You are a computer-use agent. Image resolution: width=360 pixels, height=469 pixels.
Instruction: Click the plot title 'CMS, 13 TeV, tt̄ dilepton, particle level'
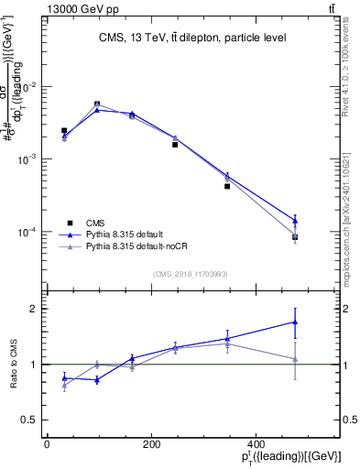[x=193, y=38]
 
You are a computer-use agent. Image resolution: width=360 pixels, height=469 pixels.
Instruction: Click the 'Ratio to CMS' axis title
[x=15, y=365]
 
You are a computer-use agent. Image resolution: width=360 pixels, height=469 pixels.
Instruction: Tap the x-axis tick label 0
[x=47, y=444]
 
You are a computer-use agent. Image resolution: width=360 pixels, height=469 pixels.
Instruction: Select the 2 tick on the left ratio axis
[x=35, y=309]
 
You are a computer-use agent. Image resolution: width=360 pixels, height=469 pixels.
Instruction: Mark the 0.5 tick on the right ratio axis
[x=349, y=420]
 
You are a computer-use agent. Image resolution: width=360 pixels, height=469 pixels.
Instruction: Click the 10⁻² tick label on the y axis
[x=27, y=87]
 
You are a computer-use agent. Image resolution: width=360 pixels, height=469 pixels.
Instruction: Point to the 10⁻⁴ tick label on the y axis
[x=27, y=232]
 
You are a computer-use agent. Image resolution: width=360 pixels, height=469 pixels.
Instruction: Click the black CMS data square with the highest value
[x=97, y=104]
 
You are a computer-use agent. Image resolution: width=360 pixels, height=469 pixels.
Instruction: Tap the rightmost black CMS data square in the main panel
[x=295, y=237]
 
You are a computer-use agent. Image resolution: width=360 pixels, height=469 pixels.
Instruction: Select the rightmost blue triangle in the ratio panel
[x=295, y=322]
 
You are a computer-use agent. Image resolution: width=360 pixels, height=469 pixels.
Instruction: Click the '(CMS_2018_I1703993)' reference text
[x=191, y=273]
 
